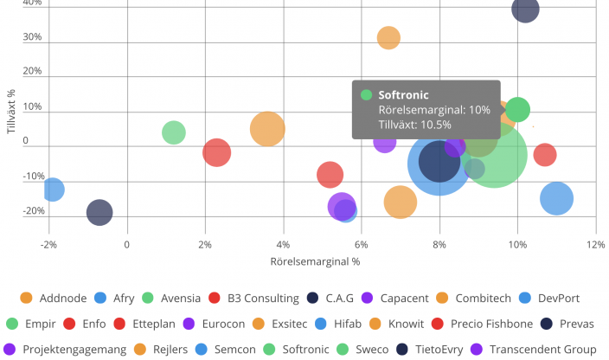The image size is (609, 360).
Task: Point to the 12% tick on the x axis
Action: tap(595, 245)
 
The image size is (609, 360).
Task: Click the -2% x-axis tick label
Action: tap(48, 245)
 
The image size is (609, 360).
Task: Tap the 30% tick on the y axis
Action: tap(32, 37)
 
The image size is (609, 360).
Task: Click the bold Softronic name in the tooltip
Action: tap(403, 95)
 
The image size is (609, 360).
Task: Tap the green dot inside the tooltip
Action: tap(367, 95)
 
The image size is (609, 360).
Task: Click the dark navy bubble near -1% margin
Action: tap(99, 212)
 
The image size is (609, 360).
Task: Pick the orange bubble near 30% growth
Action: tap(388, 38)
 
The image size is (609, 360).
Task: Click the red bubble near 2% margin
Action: tap(217, 152)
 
